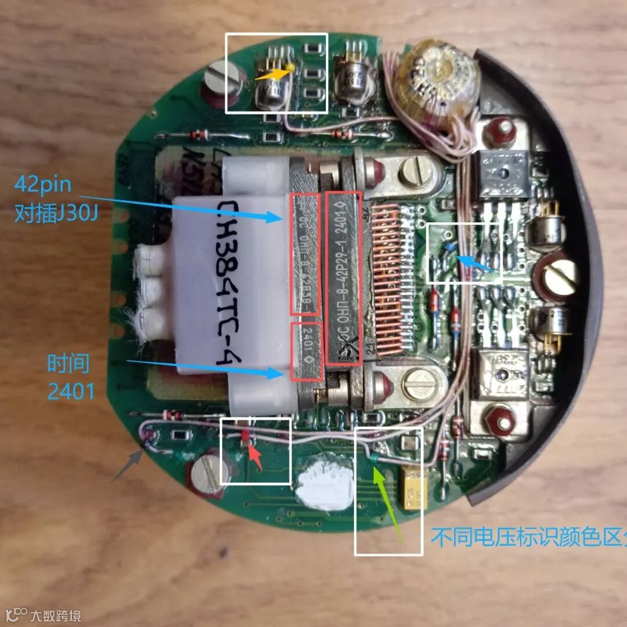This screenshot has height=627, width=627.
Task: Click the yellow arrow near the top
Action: (272, 74)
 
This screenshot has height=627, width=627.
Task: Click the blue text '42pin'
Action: (43, 185)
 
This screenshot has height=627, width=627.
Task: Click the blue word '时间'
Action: (68, 364)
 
